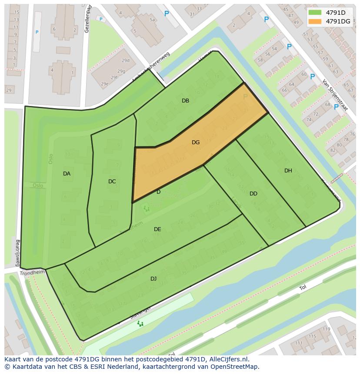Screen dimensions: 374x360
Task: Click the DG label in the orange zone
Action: tap(196, 142)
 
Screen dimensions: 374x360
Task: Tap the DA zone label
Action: tap(67, 174)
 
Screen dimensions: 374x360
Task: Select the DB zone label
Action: tap(185, 101)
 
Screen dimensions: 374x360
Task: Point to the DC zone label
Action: tap(112, 182)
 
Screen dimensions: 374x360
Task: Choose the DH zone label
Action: tap(288, 171)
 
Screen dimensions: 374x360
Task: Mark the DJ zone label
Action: tap(153, 279)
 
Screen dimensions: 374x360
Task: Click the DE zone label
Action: tap(157, 229)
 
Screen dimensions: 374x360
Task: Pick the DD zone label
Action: tap(253, 194)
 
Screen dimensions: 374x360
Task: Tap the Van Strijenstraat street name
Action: tap(334, 95)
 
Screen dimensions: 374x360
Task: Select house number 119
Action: tap(326, 329)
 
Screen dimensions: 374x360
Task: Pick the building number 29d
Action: tap(126, 60)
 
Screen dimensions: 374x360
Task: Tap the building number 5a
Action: tap(152, 20)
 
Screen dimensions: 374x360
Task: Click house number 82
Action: tap(333, 150)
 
